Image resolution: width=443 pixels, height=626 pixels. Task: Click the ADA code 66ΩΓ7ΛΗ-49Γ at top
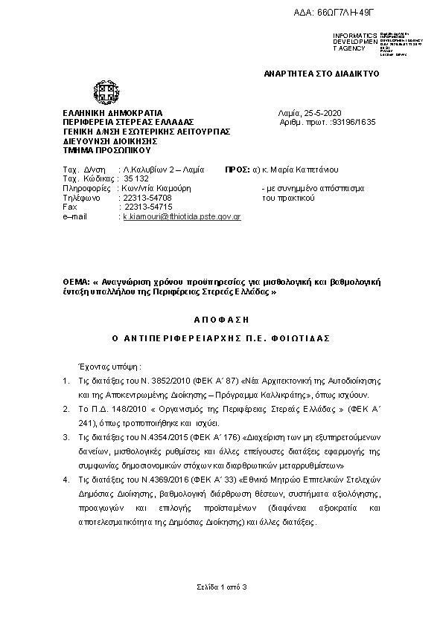pyautogui.click(x=372, y=14)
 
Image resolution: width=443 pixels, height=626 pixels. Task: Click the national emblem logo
pyautogui.click(x=103, y=94)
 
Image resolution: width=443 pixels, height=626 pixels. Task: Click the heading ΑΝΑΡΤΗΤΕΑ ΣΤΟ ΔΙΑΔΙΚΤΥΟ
pyautogui.click(x=322, y=74)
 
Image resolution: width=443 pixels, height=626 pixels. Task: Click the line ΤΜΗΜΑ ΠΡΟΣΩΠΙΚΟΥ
pyautogui.click(x=97, y=149)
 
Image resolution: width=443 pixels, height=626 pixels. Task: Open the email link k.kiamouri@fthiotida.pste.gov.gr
pyautogui.click(x=181, y=216)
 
